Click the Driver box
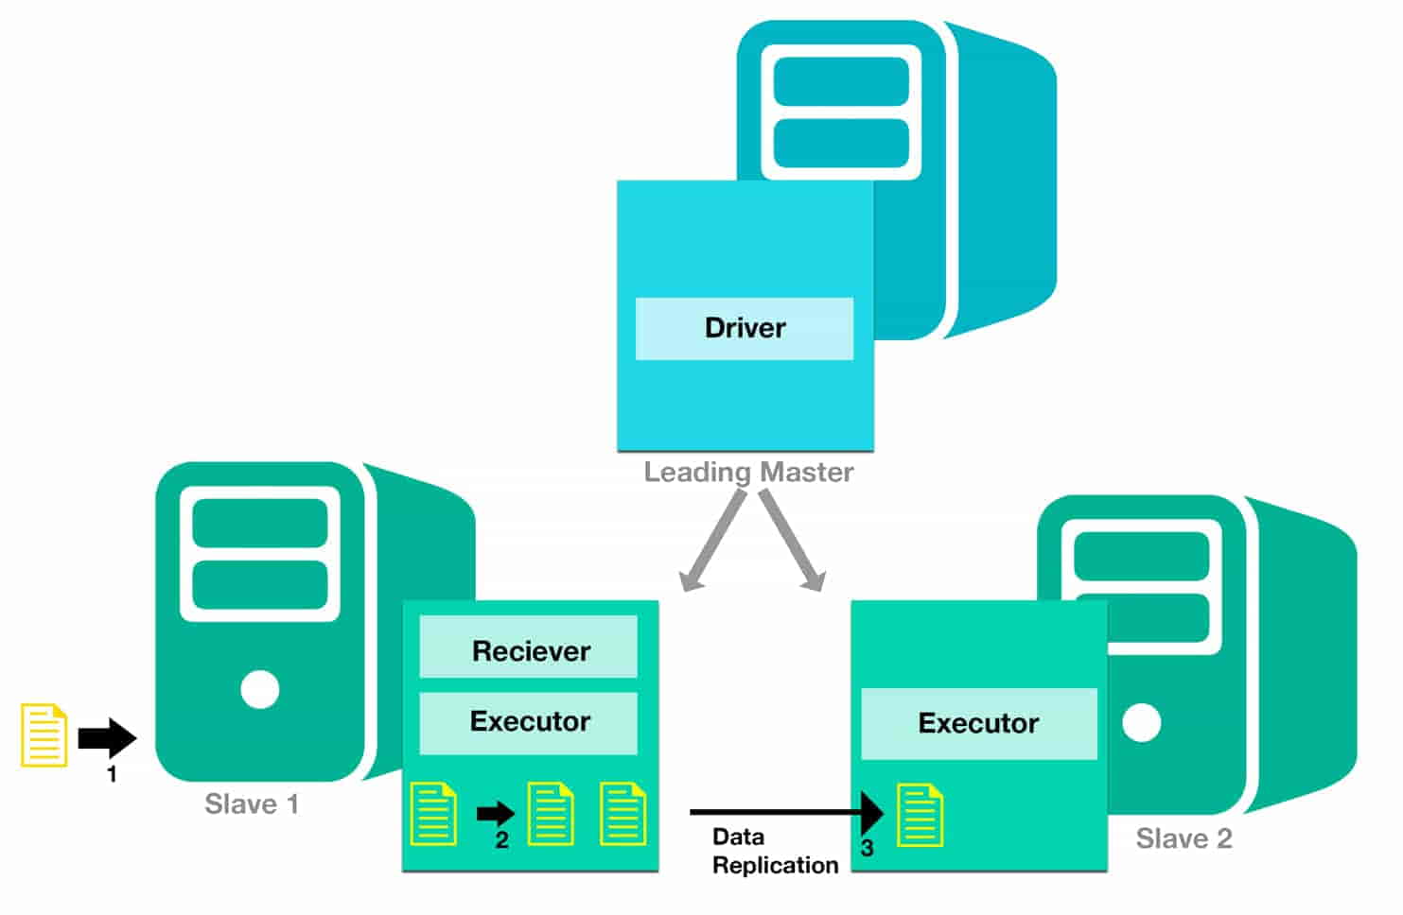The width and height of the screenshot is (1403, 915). (745, 328)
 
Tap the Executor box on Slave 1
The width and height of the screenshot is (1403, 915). (529, 722)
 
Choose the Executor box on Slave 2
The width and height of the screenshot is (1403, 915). (978, 724)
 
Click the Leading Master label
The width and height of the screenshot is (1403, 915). (748, 472)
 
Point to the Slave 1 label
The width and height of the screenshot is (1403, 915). (252, 804)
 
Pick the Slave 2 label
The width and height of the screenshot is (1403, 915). (1184, 839)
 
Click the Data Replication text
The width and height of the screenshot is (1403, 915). (774, 851)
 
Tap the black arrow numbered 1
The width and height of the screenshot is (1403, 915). (107, 738)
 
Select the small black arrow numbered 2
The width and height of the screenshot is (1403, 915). (496, 813)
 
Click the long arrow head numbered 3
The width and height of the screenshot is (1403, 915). (871, 812)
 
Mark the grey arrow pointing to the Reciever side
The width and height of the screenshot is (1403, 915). (711, 544)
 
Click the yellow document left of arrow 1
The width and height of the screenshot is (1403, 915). (44, 734)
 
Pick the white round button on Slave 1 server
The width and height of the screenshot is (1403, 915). (260, 689)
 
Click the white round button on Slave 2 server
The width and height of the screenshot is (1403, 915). (1142, 723)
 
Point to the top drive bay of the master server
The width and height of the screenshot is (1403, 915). (841, 82)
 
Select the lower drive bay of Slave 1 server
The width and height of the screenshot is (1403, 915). (260, 585)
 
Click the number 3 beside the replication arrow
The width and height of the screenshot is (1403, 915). (867, 849)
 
